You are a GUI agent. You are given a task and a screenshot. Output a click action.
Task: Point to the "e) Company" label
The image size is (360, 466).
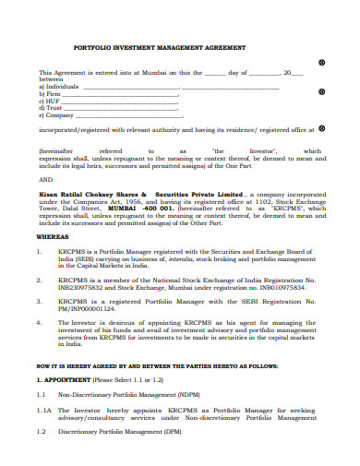pos(55,115)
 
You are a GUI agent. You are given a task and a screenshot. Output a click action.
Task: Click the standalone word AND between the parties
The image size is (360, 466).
pos(45,180)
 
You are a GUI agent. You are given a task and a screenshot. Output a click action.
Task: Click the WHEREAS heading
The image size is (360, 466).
pos(54,237)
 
